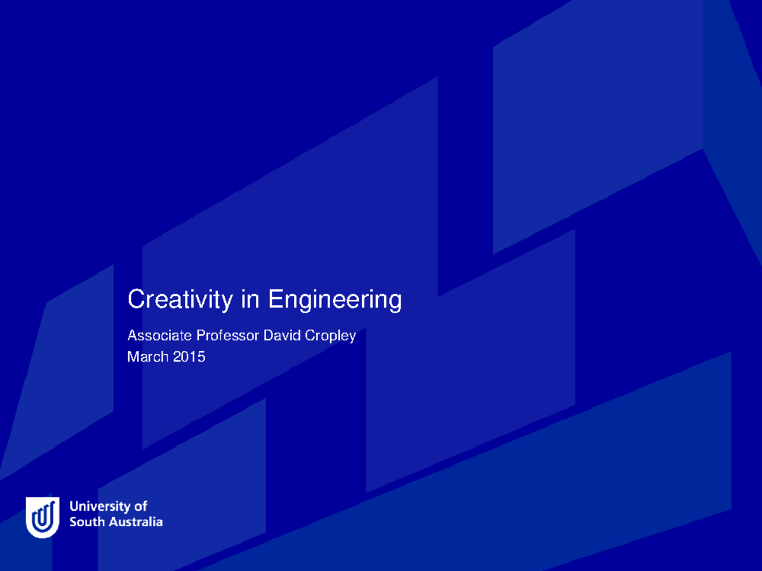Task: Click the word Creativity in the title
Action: coord(180,299)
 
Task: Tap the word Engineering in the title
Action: coord(335,300)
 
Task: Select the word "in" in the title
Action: coord(250,299)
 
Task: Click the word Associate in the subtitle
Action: coord(159,335)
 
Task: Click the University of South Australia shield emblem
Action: coord(43,516)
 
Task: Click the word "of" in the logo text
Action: coord(141,506)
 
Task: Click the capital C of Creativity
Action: coord(135,299)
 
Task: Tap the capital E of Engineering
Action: coord(275,299)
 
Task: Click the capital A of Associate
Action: coord(132,335)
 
